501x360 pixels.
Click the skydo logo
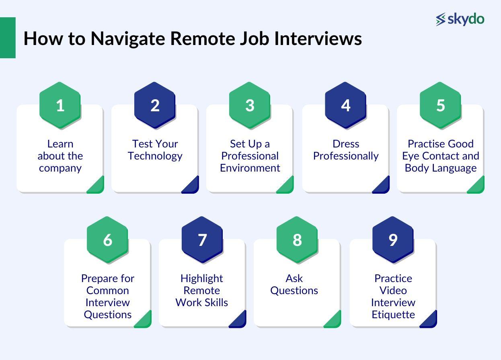click(460, 19)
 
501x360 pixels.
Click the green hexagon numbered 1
click(60, 105)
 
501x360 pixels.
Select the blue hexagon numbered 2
click(155, 105)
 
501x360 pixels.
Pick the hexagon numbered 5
click(440, 105)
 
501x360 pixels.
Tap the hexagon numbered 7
click(202, 240)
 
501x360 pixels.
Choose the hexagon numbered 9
click(393, 240)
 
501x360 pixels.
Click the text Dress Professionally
click(346, 150)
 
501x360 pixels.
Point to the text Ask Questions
click(294, 284)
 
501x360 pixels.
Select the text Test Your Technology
click(155, 150)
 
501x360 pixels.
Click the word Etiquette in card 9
click(393, 315)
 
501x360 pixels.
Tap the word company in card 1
click(60, 168)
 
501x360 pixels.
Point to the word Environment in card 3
click(250, 168)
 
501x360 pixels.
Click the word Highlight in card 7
click(201, 278)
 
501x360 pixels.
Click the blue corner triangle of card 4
click(383, 186)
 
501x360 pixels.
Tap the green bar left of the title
click(8, 38)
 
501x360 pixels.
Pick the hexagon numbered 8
click(297, 240)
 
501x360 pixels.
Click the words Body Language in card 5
click(440, 168)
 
